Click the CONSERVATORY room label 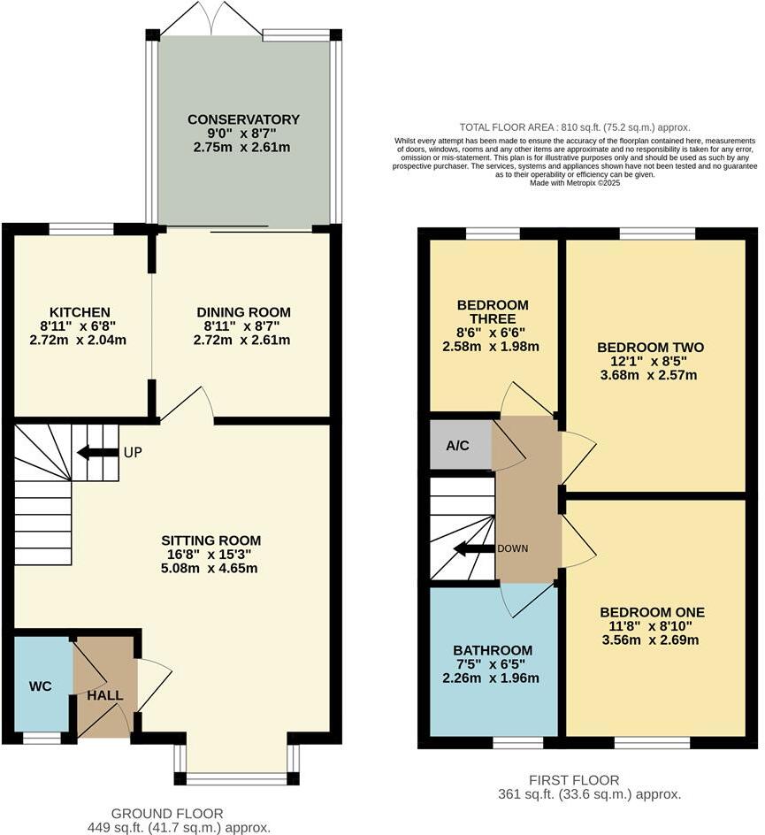[243, 119]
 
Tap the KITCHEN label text [80, 312]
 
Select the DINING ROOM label [243, 312]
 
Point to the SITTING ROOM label [210, 540]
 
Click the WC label [41, 686]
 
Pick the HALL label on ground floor [105, 695]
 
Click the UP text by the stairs [133, 452]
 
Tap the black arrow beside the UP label [97, 453]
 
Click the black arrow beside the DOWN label [473, 548]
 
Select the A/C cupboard [458, 445]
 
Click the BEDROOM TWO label [650, 348]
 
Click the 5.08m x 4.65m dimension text [210, 569]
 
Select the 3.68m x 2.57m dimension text [650, 375]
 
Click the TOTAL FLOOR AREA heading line [575, 127]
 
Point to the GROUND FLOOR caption [167, 813]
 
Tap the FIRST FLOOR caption [574, 779]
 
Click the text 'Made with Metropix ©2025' [575, 183]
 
